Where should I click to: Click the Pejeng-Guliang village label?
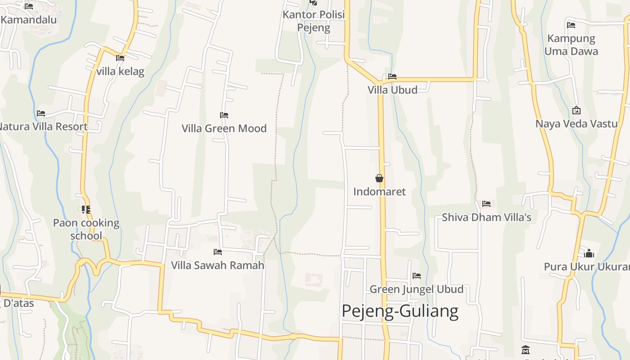click(x=400, y=311)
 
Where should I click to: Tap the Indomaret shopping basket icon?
click(x=379, y=179)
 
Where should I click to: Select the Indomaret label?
click(x=379, y=192)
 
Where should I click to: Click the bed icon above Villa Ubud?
click(x=392, y=76)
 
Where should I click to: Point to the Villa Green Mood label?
click(x=224, y=128)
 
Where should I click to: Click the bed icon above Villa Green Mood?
click(x=224, y=115)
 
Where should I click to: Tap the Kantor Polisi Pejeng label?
click(x=314, y=21)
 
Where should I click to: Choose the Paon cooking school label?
click(x=86, y=229)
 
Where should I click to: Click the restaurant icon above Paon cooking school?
click(x=85, y=209)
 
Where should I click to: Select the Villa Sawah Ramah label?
click(x=218, y=265)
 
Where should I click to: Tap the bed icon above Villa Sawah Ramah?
click(x=218, y=252)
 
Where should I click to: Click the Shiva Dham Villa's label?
click(x=486, y=217)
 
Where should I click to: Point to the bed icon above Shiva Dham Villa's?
click(x=486, y=204)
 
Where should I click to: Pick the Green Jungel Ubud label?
click(x=417, y=289)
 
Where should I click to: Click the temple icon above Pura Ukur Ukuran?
click(x=589, y=253)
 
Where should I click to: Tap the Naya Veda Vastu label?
click(x=576, y=124)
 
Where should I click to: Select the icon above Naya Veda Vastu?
click(x=576, y=110)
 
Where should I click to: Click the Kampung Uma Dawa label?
click(x=571, y=45)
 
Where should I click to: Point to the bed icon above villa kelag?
click(x=120, y=58)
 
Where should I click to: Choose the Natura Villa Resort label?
click(x=43, y=126)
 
